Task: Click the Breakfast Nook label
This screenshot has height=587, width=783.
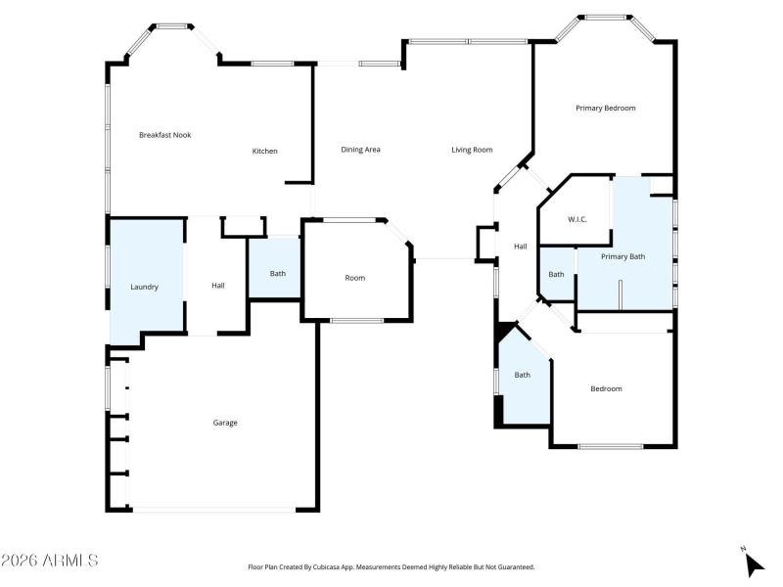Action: (x=164, y=135)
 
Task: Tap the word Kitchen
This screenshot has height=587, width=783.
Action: (x=265, y=151)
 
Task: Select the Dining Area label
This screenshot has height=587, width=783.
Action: (x=360, y=150)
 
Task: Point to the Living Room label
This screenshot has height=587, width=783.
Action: (x=472, y=150)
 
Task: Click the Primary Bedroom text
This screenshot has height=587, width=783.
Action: (x=605, y=108)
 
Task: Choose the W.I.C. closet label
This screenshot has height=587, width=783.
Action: (x=577, y=219)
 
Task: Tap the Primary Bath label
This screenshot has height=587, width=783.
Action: (x=622, y=256)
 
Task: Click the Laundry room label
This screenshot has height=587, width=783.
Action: (x=145, y=287)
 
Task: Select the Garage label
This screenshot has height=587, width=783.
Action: (x=225, y=423)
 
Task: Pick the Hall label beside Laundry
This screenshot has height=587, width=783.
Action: (x=218, y=286)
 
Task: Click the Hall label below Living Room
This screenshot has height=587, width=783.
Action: (x=521, y=247)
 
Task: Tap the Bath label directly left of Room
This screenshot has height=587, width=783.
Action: (x=278, y=273)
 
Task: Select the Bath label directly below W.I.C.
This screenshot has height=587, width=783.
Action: (x=556, y=274)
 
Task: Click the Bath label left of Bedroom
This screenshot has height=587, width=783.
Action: (x=523, y=375)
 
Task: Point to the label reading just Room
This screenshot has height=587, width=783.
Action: (x=354, y=278)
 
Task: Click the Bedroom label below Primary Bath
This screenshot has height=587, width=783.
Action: (x=606, y=388)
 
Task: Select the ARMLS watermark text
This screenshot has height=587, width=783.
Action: (x=51, y=561)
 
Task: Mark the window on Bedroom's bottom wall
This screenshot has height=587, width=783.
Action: (x=610, y=447)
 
